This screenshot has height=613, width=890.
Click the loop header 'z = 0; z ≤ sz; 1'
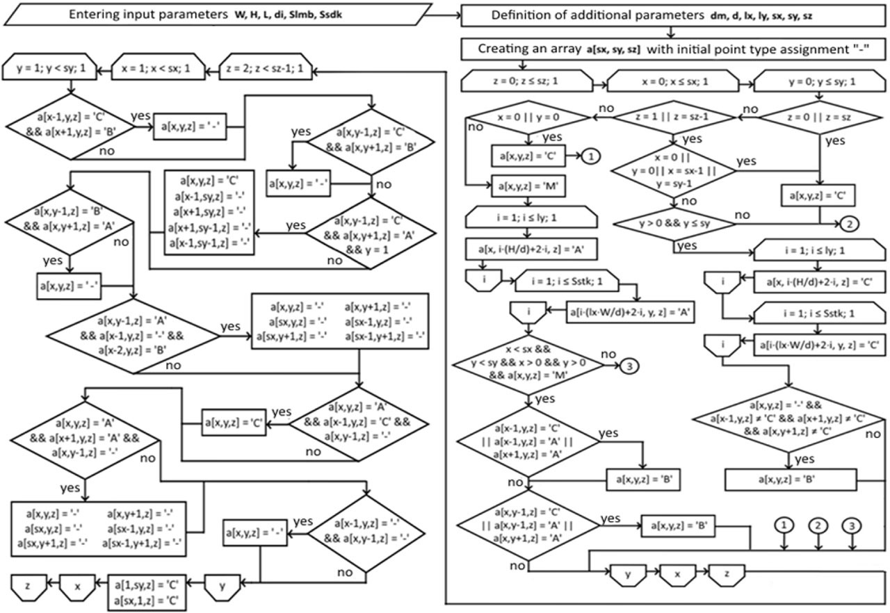(529, 82)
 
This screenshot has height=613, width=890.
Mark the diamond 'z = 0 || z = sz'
(818, 116)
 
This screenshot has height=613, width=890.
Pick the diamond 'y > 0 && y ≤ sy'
(674, 224)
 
